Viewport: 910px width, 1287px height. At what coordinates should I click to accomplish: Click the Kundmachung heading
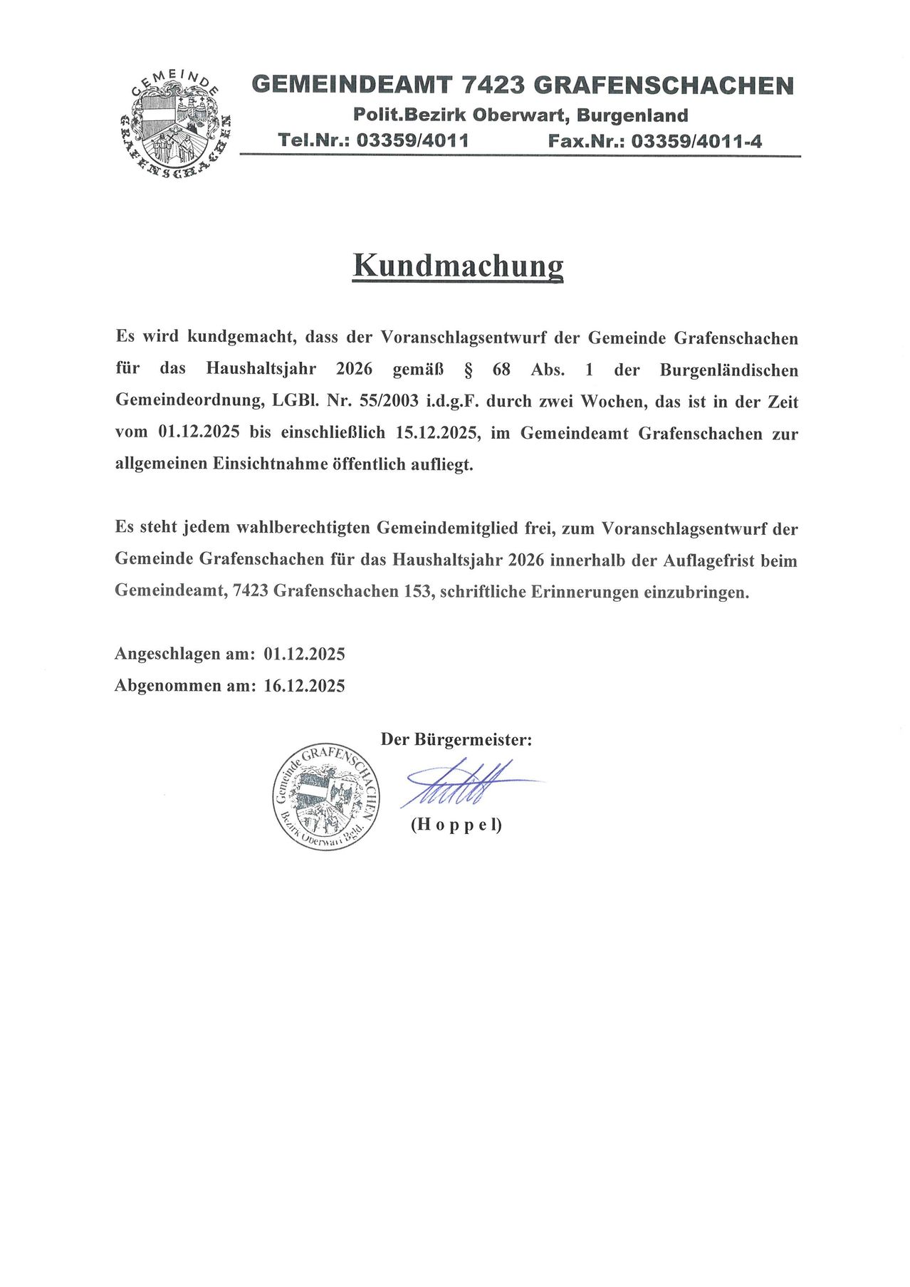click(458, 266)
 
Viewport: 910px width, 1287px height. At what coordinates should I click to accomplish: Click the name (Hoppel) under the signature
click(456, 825)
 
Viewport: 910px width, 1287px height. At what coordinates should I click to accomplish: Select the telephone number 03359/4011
click(412, 140)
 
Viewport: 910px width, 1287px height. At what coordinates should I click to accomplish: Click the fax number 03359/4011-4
click(696, 141)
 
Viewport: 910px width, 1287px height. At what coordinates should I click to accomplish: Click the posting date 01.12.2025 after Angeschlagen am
click(304, 654)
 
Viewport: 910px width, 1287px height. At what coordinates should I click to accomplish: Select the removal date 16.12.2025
click(304, 686)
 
